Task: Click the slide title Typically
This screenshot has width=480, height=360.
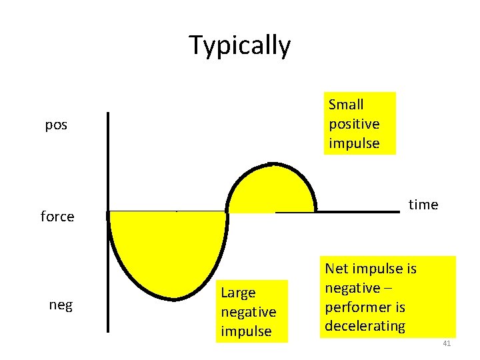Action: point(240,45)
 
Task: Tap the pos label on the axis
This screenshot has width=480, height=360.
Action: point(56,125)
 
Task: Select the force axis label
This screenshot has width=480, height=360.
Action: point(57,217)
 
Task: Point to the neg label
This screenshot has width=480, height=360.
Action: point(61,305)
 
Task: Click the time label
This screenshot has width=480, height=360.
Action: point(423,205)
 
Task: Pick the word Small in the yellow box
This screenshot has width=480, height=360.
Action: point(346,105)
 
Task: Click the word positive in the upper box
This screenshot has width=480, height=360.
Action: point(354,124)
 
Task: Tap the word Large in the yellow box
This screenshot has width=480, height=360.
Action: point(238,293)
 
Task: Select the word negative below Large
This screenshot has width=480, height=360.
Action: point(248,312)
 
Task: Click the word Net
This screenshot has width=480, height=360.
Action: point(338,269)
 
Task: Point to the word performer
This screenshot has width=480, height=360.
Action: point(355,307)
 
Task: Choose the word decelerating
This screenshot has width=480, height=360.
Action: point(365,326)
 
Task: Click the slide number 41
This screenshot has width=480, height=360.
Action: point(447,343)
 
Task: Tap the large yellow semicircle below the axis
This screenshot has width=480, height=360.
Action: point(168,250)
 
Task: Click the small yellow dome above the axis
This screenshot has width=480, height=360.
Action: point(270,190)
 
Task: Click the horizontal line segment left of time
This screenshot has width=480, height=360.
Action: point(357,211)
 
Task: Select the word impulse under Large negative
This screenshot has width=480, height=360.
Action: point(246,331)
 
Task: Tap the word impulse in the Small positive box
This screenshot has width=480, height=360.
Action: point(354,143)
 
